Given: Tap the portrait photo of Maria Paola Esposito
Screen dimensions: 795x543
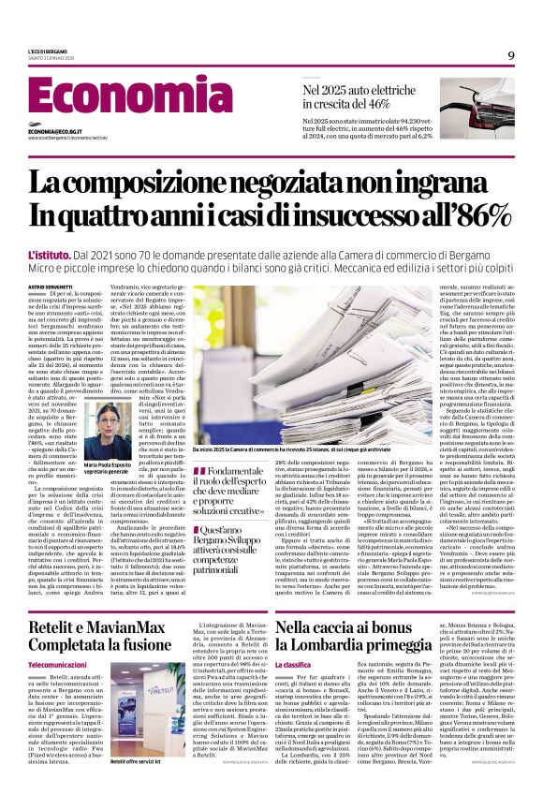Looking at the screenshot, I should tap(110, 430).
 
